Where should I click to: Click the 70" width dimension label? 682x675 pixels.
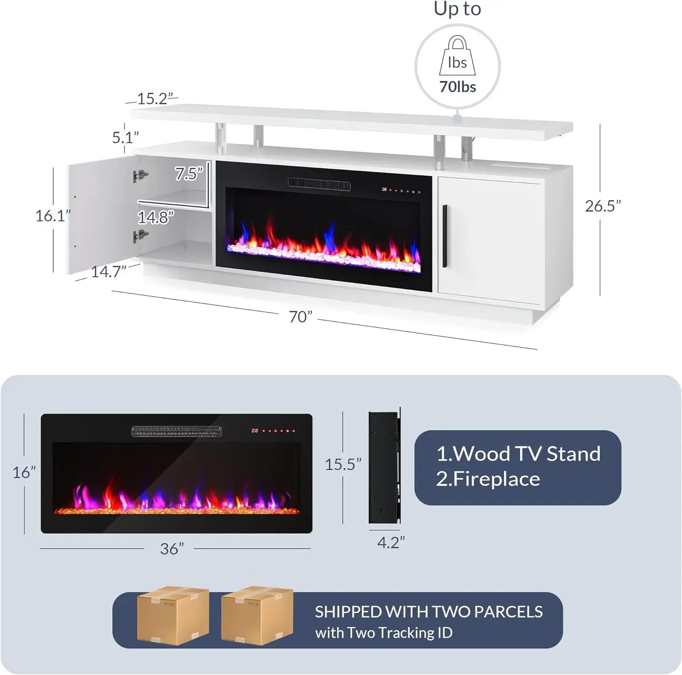pos(301,316)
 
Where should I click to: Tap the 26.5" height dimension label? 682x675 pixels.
pos(602,206)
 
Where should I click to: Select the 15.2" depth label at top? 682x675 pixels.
pos(155,99)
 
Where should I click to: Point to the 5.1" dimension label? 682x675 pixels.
pos(125,137)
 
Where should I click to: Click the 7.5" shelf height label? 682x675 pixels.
pos(188,174)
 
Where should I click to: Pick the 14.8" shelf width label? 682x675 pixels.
pos(155,217)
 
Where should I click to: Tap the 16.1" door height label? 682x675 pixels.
pos(53,215)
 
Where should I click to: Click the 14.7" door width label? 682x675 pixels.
pos(108,272)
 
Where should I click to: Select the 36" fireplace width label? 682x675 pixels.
pos(171,549)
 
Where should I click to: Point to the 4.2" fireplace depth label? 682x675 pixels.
pos(391,542)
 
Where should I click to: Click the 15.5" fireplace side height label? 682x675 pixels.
pos(343,464)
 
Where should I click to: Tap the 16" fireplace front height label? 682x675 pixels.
pos(24,472)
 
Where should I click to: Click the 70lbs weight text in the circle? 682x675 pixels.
pos(457,86)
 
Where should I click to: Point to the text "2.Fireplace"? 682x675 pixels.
pos(488,479)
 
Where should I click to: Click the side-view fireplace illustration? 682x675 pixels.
pos(384,468)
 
